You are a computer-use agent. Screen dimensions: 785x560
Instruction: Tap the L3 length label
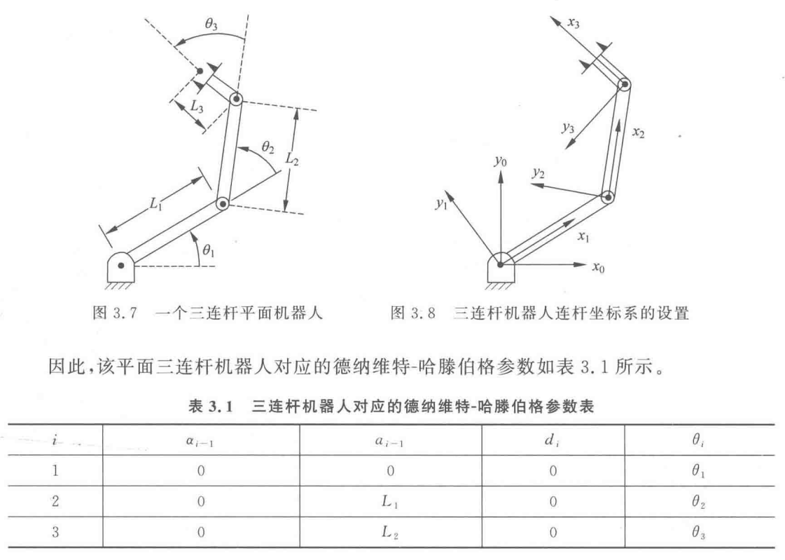199,107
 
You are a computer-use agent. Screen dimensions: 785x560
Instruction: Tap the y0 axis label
499,162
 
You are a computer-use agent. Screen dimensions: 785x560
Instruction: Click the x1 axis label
583,237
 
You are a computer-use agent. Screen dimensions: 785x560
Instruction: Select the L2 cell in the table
390,533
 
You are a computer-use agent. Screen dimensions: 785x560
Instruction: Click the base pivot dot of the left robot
121,266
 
